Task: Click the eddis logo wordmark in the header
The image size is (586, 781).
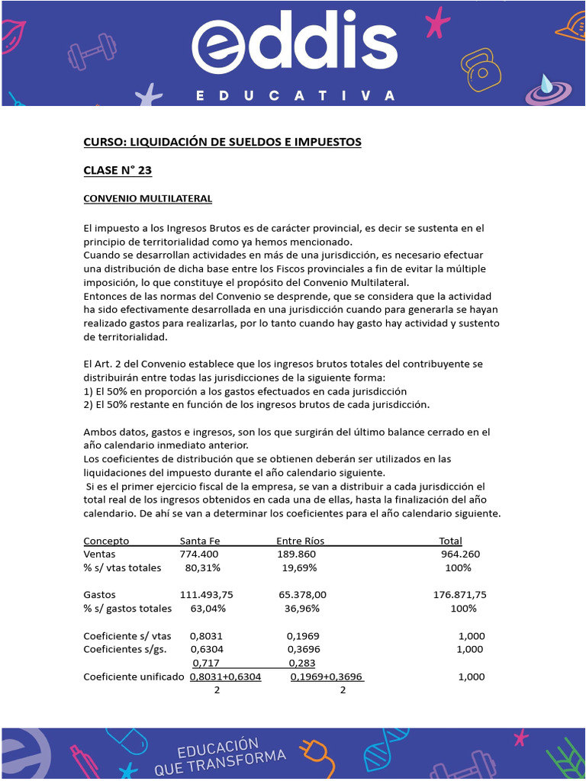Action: [295, 46]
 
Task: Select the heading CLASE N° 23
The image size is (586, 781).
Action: [118, 170]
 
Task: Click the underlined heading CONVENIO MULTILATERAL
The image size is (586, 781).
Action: [147, 198]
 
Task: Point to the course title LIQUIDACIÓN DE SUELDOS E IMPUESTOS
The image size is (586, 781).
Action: [222, 142]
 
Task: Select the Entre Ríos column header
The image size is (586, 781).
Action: [300, 541]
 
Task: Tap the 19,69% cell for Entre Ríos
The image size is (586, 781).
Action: [299, 567]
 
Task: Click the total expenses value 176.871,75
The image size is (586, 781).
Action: [459, 594]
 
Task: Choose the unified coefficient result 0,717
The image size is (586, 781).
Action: [206, 663]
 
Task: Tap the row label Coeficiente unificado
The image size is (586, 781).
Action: [134, 677]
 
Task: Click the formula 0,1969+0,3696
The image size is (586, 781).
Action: [326, 677]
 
